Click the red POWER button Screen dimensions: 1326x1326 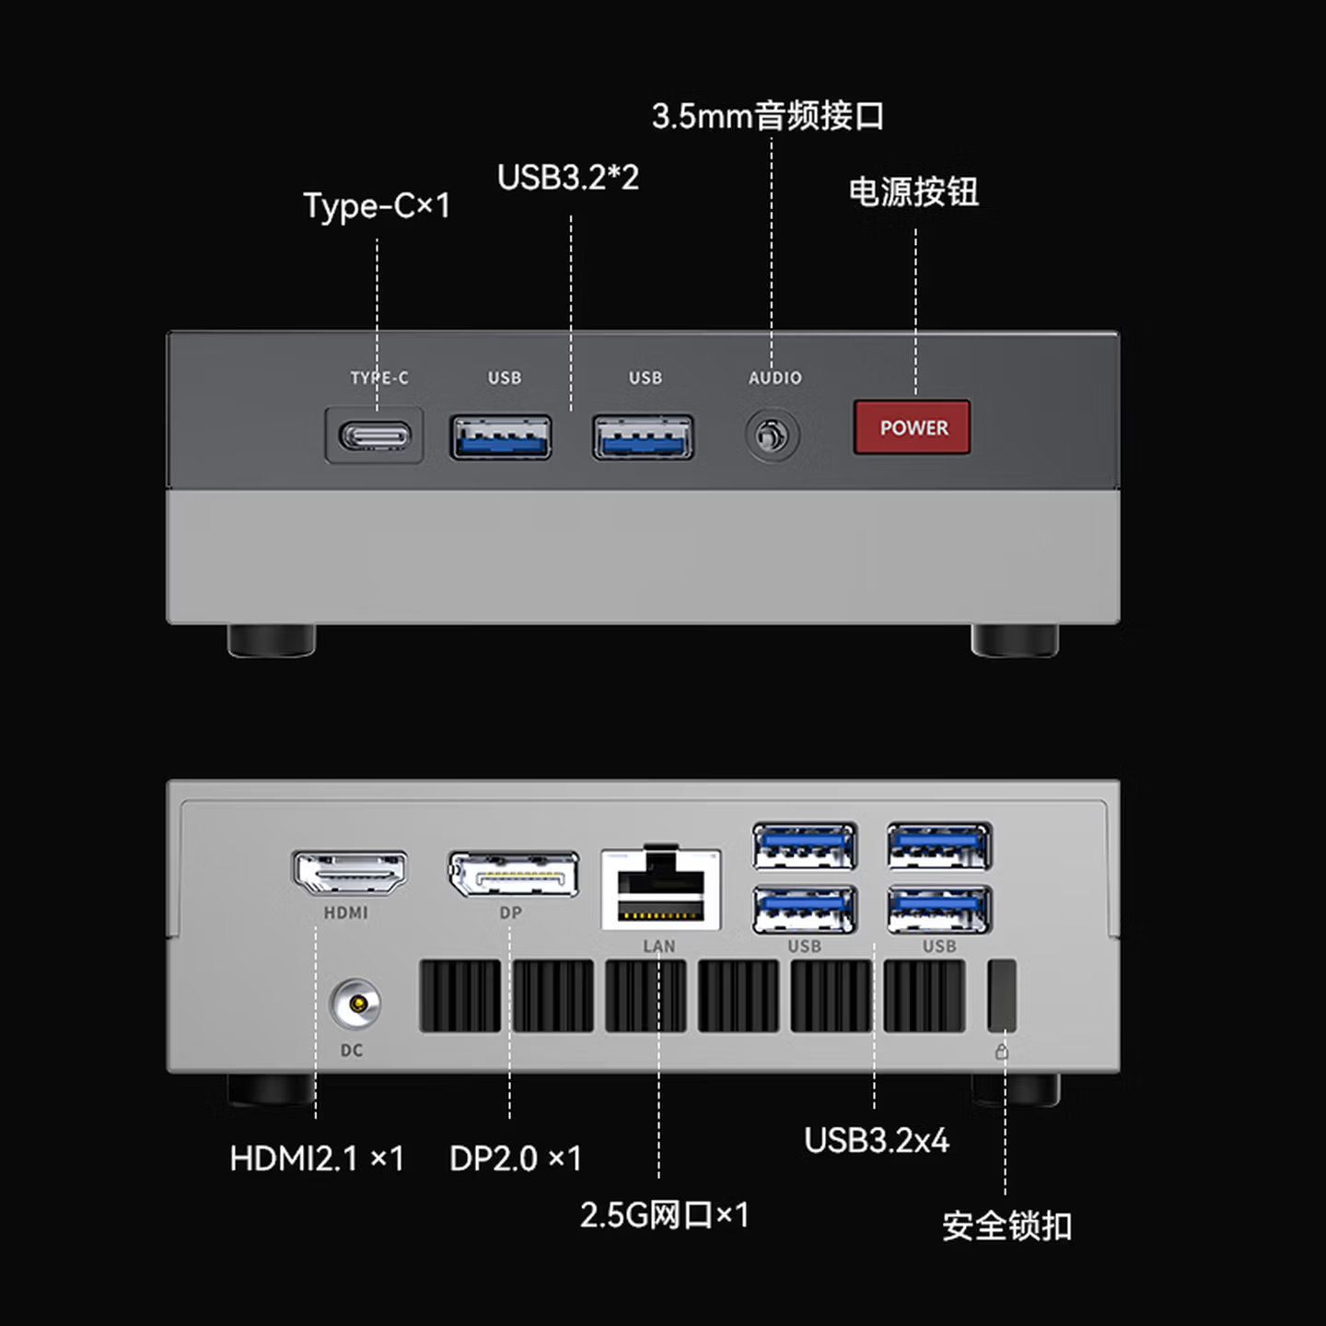[x=912, y=427]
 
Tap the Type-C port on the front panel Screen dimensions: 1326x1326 [x=375, y=435]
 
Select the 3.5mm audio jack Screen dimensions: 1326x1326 [x=772, y=436]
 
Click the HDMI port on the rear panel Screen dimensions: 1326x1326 [x=349, y=872]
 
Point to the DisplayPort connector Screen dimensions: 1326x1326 [x=513, y=874]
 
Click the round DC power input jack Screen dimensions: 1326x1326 [x=355, y=1004]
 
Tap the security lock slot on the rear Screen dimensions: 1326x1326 [x=1002, y=995]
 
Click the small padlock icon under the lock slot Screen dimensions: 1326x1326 [x=1002, y=1052]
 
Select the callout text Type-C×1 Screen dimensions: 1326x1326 [x=377, y=205]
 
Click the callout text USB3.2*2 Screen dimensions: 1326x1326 [x=567, y=177]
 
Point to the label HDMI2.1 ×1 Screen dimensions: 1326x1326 [x=317, y=1158]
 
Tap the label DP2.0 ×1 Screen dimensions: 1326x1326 [x=515, y=1158]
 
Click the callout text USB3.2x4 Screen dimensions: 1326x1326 [x=876, y=1140]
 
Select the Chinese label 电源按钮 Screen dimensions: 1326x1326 [x=913, y=192]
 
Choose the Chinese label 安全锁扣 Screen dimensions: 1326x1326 [x=1006, y=1226]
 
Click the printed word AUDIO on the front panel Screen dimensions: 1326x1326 [x=774, y=378]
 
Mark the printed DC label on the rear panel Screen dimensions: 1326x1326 [x=352, y=1050]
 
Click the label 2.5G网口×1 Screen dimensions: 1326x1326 [x=664, y=1215]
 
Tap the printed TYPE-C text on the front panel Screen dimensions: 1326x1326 [x=378, y=378]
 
